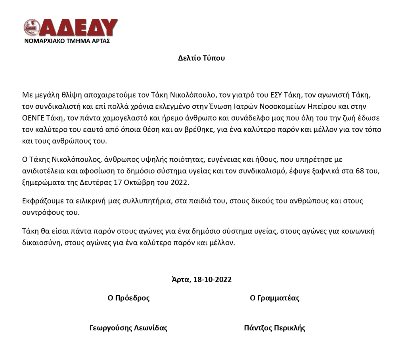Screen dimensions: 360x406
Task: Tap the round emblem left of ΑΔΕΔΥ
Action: pyautogui.click(x=31, y=27)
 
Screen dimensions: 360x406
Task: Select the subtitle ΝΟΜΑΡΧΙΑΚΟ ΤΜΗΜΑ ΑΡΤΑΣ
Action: pyautogui.click(x=67, y=41)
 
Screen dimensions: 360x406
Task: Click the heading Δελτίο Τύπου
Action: pyautogui.click(x=201, y=58)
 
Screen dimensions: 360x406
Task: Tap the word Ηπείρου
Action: pyautogui.click(x=322, y=107)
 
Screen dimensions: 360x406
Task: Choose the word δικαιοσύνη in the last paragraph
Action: pyautogui.click(x=41, y=243)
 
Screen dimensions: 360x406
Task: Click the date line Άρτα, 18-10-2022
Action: pyautogui.click(x=201, y=280)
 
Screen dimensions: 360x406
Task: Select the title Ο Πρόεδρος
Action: pyautogui.click(x=129, y=298)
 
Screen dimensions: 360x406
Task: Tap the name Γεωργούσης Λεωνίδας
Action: pyautogui.click(x=128, y=328)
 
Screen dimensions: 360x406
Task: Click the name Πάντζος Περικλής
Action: pyautogui.click(x=274, y=328)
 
